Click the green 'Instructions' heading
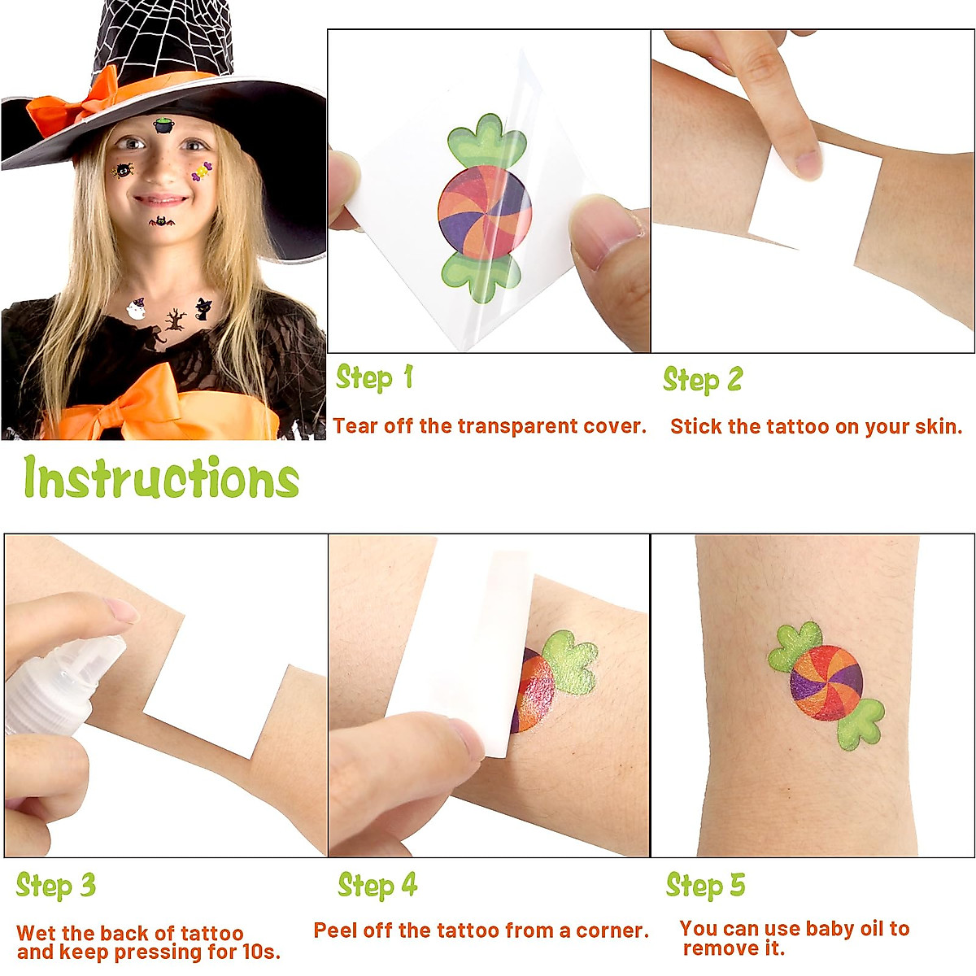(x=161, y=477)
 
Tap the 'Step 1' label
(x=375, y=378)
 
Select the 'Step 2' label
(x=702, y=380)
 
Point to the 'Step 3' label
(x=55, y=886)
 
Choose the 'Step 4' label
(x=377, y=886)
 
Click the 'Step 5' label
(x=705, y=886)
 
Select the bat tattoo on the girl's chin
(x=161, y=221)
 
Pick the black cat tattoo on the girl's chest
(x=202, y=309)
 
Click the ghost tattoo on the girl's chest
(x=135, y=309)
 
